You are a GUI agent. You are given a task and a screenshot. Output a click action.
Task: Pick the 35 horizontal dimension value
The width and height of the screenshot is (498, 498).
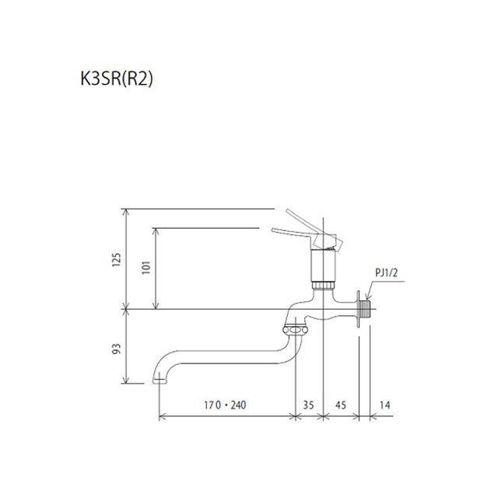coord(309,405)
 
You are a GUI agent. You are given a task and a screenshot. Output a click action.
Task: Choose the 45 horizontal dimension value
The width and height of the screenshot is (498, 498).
coord(341,405)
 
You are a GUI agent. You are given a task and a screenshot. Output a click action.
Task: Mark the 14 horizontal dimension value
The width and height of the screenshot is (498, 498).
coord(384,405)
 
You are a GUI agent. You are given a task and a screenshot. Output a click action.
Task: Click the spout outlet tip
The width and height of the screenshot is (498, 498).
coord(160,381)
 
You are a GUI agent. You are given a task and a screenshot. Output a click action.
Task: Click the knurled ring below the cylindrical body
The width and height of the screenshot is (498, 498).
coord(321,285)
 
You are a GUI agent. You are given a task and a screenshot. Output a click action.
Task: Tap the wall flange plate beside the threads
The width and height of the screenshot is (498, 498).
coord(359,310)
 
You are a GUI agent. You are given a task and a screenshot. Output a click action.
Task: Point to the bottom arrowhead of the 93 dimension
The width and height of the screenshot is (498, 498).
coord(127,382)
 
